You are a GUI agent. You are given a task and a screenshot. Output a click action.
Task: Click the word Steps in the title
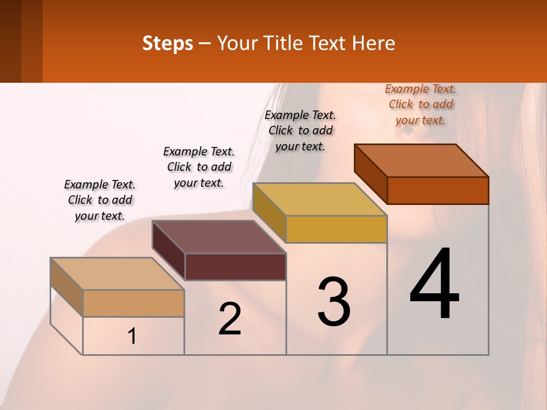tap(168, 43)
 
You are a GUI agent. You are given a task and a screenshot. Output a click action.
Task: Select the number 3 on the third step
tap(334, 301)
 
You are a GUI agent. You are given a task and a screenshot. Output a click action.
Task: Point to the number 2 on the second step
tap(230, 319)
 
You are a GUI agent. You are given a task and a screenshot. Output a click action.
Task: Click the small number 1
tap(132, 337)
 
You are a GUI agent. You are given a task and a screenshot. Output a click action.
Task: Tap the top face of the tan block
tap(117, 274)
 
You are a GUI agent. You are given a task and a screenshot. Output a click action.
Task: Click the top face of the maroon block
tap(219, 237)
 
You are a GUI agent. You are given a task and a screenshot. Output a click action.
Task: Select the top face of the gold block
tap(320, 199)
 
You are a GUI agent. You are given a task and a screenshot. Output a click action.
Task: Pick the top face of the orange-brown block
tap(422, 161)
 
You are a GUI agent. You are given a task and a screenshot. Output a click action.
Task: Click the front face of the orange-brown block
tap(438, 190)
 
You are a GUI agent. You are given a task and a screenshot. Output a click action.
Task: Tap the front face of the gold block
tap(336, 229)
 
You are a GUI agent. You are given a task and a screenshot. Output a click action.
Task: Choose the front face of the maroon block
tap(235, 266)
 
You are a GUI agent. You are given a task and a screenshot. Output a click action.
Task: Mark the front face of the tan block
tap(133, 303)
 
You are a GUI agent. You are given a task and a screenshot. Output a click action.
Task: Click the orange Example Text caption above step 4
tap(421, 104)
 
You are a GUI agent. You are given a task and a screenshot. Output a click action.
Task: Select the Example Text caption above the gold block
tap(300, 130)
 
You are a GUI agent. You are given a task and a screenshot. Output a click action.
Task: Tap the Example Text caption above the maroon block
tap(199, 167)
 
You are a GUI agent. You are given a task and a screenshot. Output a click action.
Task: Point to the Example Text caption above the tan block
tap(100, 200)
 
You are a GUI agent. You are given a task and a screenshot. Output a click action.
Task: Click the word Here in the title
tap(374, 43)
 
